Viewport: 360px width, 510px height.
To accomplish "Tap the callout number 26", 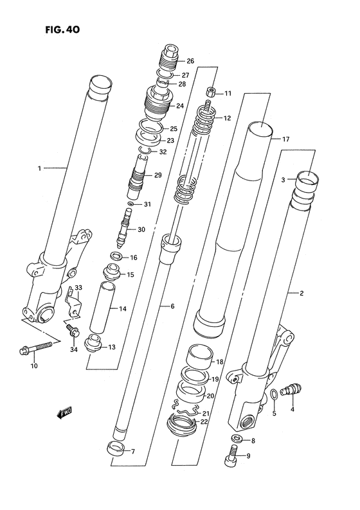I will coord(190,62).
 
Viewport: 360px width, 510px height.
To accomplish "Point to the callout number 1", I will coord(39,169).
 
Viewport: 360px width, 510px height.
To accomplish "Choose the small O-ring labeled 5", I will coord(274,393).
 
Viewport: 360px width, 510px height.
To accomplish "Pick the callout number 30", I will coord(142,230).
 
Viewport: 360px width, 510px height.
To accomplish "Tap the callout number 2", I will coord(300,294).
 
